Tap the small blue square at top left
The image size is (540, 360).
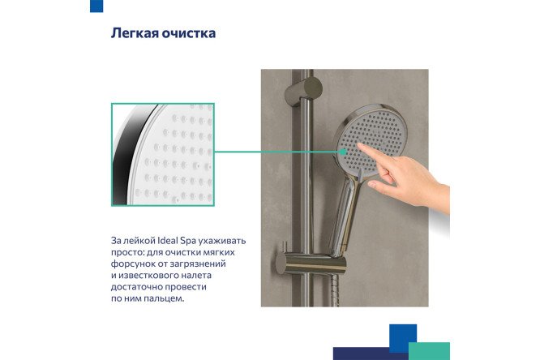(x=96, y=6)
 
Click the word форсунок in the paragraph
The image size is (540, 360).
(x=135, y=264)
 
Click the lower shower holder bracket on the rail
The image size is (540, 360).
(x=314, y=261)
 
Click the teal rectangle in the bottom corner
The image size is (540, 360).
(x=429, y=350)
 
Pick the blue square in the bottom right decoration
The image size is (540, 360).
(x=402, y=337)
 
